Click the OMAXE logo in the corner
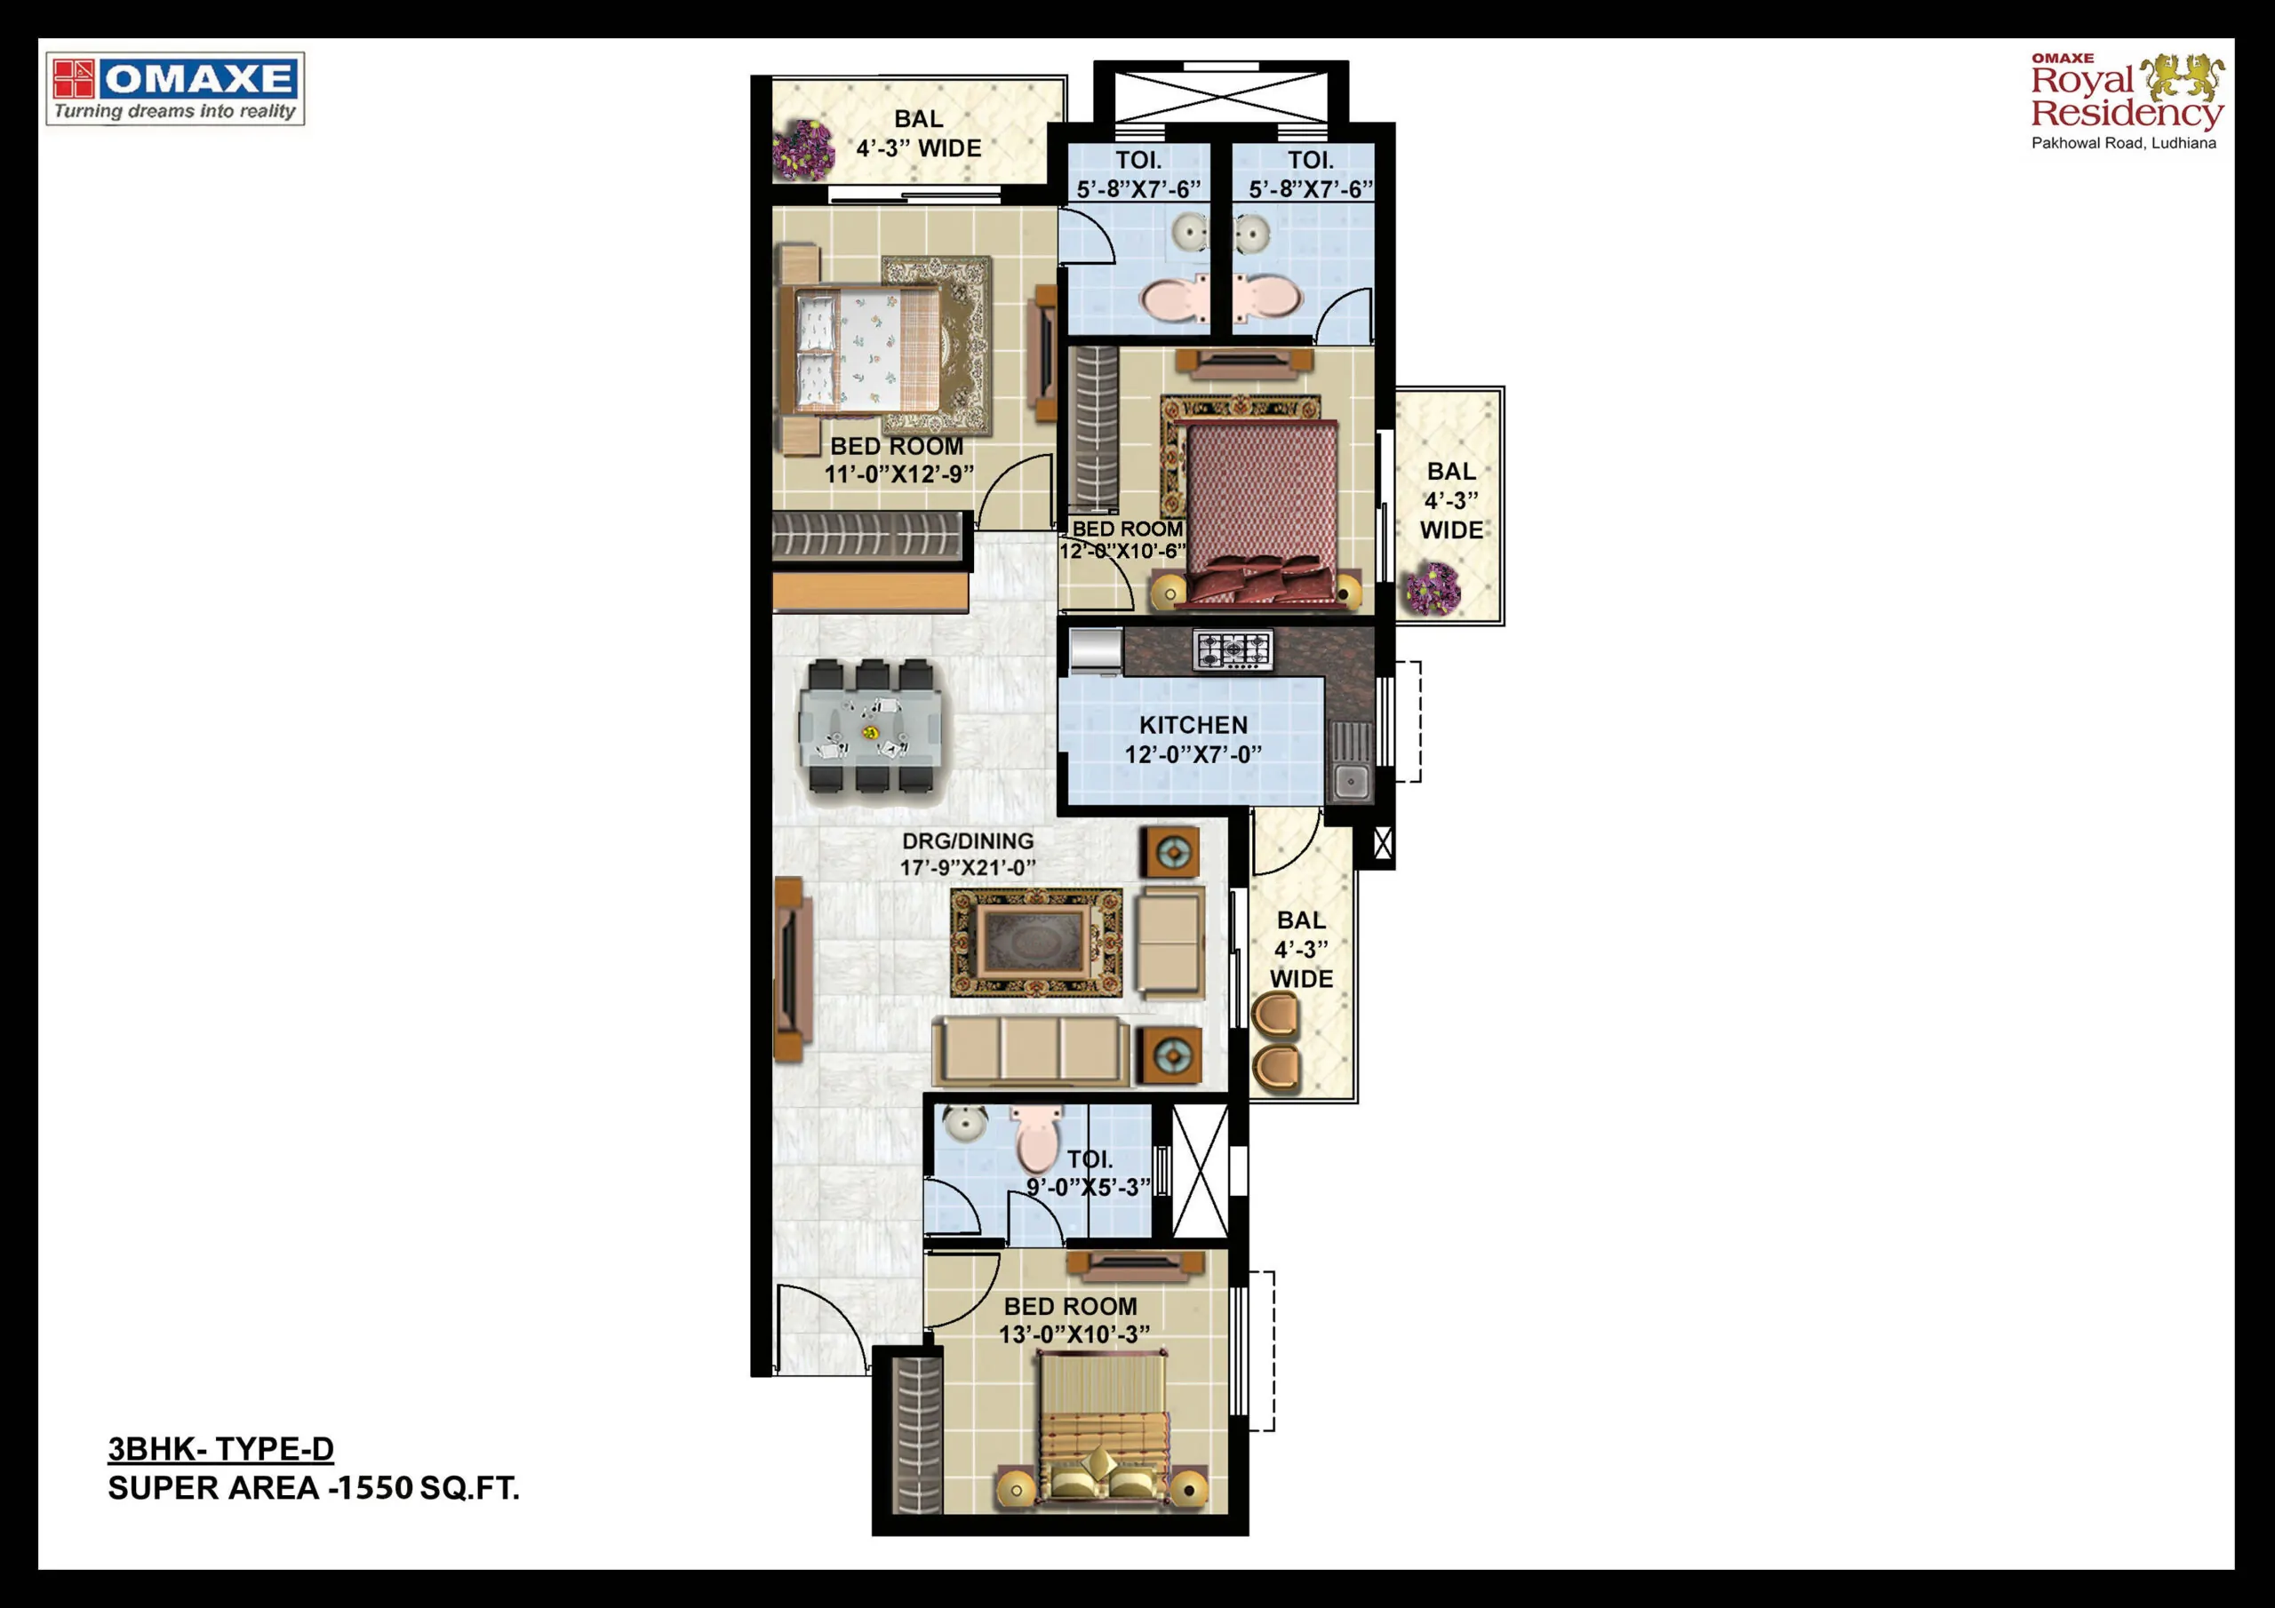[x=175, y=89]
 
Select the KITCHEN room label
[x=1193, y=725]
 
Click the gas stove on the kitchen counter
[x=1233, y=650]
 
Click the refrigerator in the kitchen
[x=1095, y=651]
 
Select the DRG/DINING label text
[x=967, y=841]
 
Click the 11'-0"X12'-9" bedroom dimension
[x=898, y=474]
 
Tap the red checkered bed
[x=1261, y=510]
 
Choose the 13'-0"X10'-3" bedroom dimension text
[x=1074, y=1334]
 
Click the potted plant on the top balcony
[x=803, y=149]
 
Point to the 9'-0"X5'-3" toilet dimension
[x=1088, y=1187]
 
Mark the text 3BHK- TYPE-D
[x=221, y=1450]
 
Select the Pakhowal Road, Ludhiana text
[x=2123, y=144]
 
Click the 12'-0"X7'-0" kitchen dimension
[x=1193, y=755]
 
